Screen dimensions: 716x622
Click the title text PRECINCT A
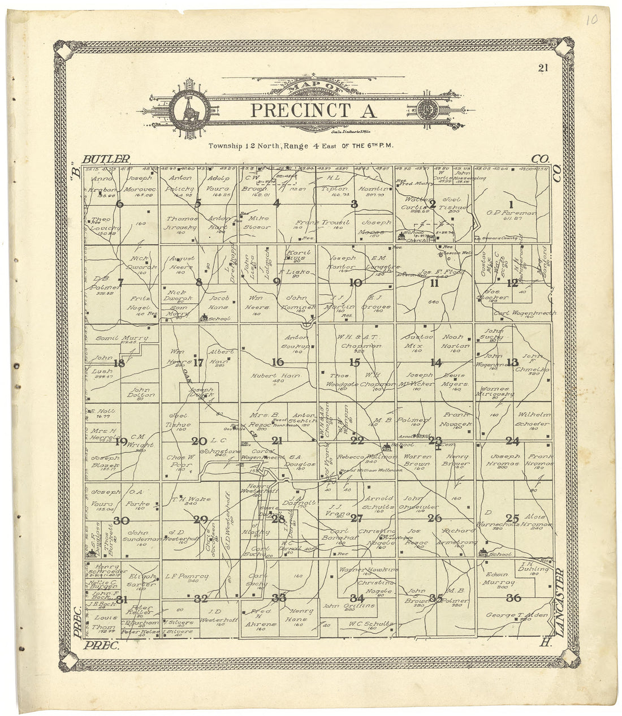[313, 110]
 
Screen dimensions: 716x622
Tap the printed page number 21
[543, 68]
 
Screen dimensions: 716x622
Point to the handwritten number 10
[591, 21]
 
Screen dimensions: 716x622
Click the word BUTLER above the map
[106, 159]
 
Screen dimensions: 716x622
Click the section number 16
[277, 363]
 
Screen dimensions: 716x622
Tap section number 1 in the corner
[511, 205]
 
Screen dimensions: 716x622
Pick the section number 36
[513, 598]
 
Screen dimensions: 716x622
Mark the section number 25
[512, 517]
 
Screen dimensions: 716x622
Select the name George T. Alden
[511, 615]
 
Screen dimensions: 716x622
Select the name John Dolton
[142, 392]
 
